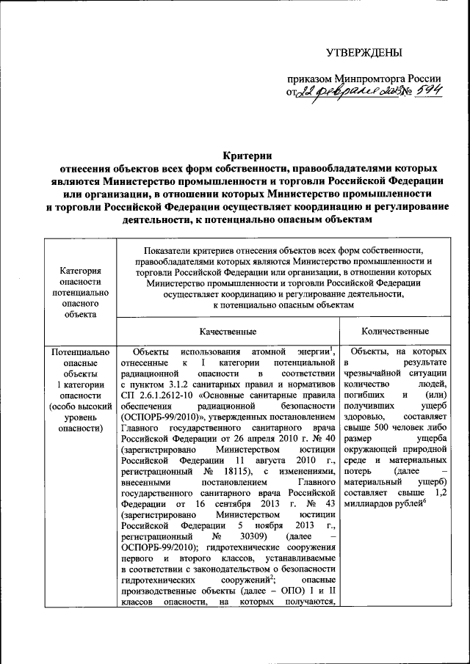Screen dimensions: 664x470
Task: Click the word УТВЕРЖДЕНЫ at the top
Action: (x=364, y=52)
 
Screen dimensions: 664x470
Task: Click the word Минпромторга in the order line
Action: (x=367, y=79)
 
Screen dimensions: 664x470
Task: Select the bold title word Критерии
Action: (x=247, y=155)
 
